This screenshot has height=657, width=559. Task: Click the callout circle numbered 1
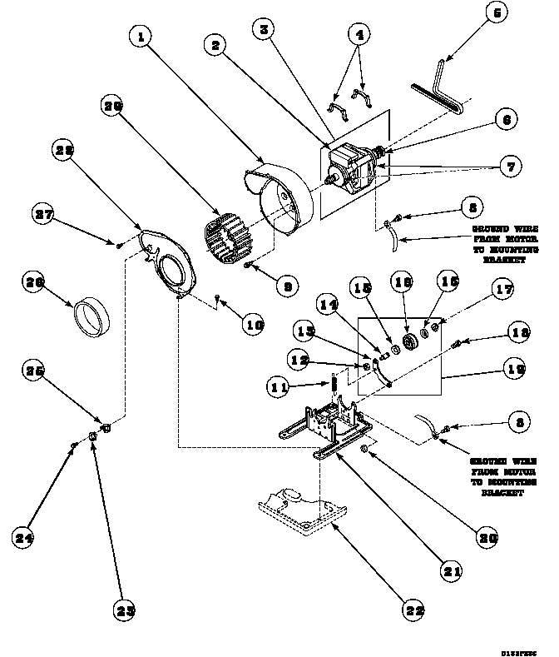pos(143,37)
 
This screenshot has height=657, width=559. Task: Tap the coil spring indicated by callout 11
pos(333,387)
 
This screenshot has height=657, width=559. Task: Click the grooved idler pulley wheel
pos(408,341)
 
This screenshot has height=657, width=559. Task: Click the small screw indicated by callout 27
pos(119,244)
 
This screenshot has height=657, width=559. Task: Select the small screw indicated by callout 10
pos(216,296)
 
